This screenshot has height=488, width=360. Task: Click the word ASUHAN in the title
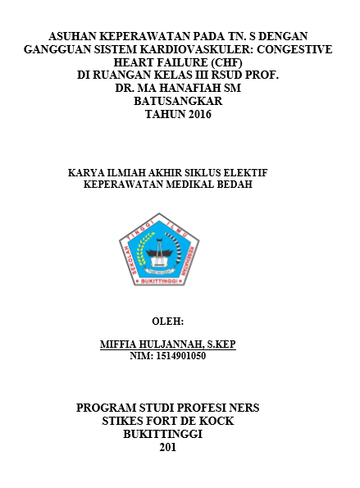pos(75,37)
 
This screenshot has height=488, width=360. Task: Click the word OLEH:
pos(168,320)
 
